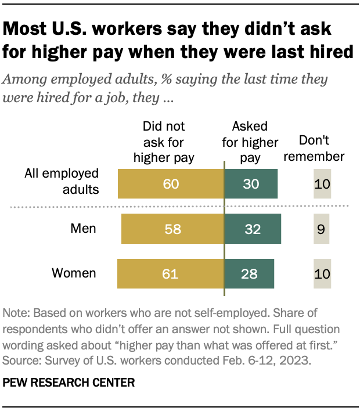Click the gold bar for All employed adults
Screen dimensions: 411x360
coord(171,184)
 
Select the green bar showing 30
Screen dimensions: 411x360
coord(251,184)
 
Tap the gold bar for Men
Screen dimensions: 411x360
coord(172,229)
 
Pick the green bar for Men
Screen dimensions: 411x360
coord(253,229)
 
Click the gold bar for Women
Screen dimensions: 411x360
coord(171,273)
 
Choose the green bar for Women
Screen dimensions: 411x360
coord(249,273)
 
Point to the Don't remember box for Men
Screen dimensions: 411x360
coord(321,229)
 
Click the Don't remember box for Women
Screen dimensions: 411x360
coord(322,273)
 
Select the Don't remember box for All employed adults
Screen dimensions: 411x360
coord(322,184)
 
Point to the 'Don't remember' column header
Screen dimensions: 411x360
coord(321,148)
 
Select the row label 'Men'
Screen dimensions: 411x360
coord(84,229)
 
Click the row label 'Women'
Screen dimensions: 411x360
coord(75,273)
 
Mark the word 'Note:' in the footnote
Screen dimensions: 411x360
coord(17,313)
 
